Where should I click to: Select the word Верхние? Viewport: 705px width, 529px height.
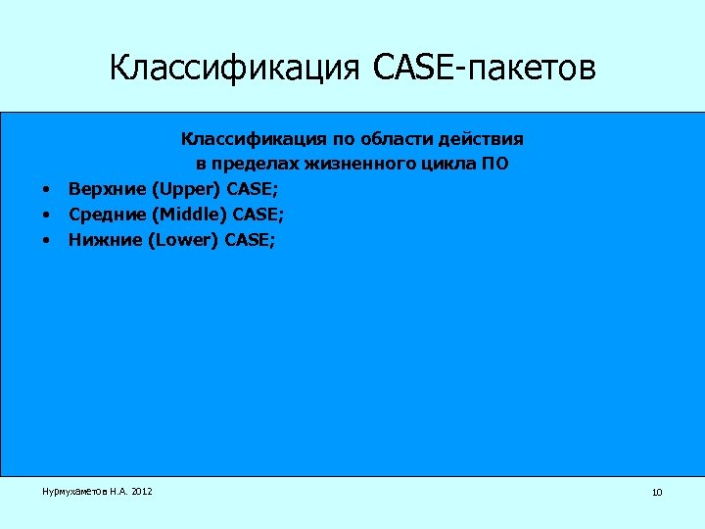(101, 188)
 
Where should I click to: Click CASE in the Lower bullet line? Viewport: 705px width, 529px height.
(249, 237)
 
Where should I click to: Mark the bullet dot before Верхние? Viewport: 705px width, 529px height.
(45, 188)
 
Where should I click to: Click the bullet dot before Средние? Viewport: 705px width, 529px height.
(45, 213)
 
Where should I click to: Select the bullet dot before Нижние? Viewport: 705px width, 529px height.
(45, 237)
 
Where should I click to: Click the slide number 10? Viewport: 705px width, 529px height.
(656, 492)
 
